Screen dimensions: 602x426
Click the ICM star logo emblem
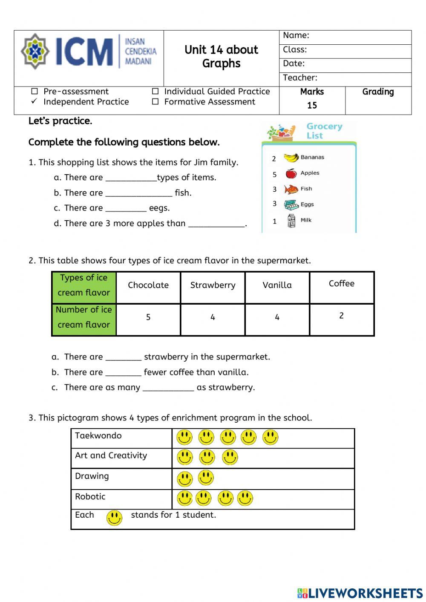coord(35,51)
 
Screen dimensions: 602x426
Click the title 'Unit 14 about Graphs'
coord(221,57)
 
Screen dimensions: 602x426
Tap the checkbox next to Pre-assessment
coord(35,92)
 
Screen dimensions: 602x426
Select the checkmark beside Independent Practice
coord(35,102)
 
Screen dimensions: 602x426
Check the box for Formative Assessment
coord(155,102)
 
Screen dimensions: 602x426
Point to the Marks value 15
coord(312,105)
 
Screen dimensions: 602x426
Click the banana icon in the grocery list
coord(291,158)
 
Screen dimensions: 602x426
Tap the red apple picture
coord(291,173)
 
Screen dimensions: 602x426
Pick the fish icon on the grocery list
coord(291,189)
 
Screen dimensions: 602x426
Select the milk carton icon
coord(291,221)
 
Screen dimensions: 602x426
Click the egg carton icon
coord(291,205)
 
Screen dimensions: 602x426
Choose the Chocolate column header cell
coord(148,285)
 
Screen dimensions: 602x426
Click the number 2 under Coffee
coord(341,316)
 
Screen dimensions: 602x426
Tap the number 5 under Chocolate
coord(148,317)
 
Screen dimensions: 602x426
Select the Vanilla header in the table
coord(277,285)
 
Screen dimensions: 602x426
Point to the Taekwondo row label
coord(98,435)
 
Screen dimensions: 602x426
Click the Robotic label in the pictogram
coord(90,496)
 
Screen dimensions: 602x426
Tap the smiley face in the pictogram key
coord(114,518)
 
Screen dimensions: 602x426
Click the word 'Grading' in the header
coord(378,92)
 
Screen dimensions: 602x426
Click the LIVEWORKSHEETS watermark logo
coord(360,593)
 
